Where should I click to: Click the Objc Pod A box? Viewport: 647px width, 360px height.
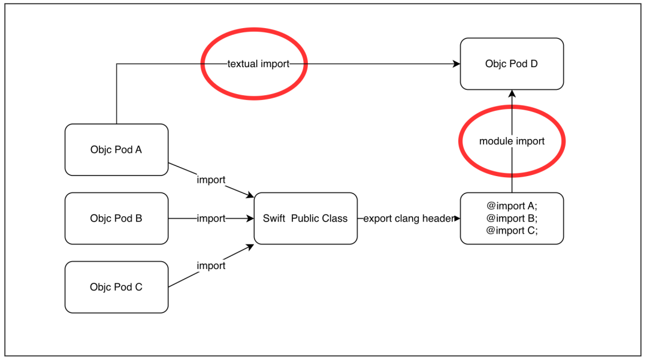[x=116, y=150]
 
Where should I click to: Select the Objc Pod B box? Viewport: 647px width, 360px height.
[x=116, y=219]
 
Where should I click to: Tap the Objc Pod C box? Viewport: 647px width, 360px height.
[x=116, y=287]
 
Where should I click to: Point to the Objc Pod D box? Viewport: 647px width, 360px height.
[x=512, y=63]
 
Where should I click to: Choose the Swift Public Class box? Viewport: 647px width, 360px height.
[x=306, y=219]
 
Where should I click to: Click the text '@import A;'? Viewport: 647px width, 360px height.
[x=512, y=205]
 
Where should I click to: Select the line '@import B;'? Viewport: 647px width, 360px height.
[x=512, y=218]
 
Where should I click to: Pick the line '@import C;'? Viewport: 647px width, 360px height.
[x=512, y=231]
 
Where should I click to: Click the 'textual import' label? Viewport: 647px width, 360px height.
[x=258, y=64]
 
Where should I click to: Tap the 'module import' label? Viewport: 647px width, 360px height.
[x=512, y=141]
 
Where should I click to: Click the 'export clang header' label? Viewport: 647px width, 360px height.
[x=409, y=219]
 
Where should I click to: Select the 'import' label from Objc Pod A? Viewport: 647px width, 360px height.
[x=211, y=180]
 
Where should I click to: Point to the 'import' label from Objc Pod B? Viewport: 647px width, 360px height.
[x=211, y=219]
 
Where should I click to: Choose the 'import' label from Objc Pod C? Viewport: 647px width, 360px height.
[x=211, y=265]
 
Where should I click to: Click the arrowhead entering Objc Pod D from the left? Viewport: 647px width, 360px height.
[x=456, y=64]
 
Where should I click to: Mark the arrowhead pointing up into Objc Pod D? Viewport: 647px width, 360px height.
[x=512, y=94]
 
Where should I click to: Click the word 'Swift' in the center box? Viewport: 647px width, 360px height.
[x=274, y=219]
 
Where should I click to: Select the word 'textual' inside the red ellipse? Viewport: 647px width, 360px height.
[x=243, y=64]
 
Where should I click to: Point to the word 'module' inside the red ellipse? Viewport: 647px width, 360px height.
[x=496, y=141]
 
